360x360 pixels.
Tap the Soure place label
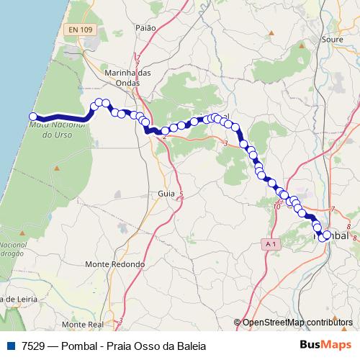[333, 40]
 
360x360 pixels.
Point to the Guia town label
[166, 194]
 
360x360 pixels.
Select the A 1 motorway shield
[270, 245]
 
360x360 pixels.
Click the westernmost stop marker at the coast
[33, 117]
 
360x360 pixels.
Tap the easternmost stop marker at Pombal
[327, 235]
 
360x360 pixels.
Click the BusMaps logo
[325, 346]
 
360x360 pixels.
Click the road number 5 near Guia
[181, 195]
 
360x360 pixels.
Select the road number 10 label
[276, 207]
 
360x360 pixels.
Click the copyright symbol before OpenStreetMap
[238, 322]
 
